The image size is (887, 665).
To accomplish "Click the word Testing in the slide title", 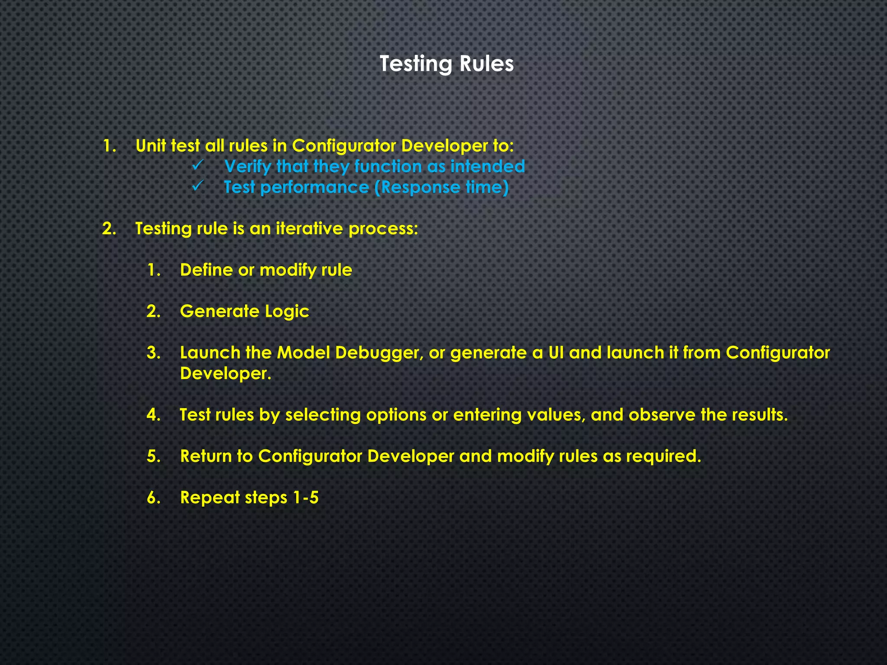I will (415, 64).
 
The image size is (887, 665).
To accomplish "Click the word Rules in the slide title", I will (486, 64).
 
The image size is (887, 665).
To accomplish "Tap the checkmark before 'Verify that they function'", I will (197, 165).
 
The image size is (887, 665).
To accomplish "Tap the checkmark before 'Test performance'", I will (197, 186).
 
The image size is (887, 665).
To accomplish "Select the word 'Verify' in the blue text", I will (248, 167).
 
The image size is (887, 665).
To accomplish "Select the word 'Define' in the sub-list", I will (206, 270).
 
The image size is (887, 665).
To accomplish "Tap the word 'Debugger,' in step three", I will (379, 353).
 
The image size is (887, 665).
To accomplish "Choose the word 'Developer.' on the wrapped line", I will (225, 373).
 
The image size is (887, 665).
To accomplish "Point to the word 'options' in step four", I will (396, 415).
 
